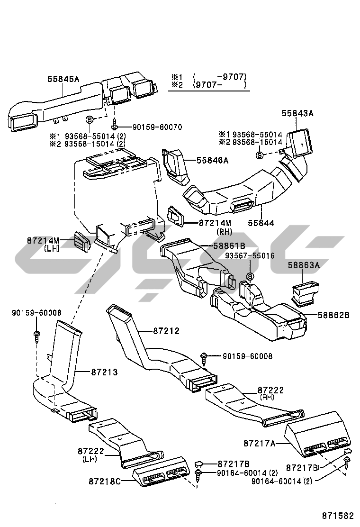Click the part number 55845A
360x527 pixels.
tap(63, 80)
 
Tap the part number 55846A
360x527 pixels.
tap(213, 161)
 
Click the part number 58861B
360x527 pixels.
tap(229, 245)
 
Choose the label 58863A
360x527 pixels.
tap(304, 266)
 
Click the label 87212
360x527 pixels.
tap(166, 331)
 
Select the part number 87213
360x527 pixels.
tap(104, 373)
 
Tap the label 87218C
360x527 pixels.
tap(105, 482)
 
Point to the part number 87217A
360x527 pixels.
tap(260, 444)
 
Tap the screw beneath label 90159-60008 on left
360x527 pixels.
tap(36, 335)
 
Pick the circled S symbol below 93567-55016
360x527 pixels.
tap(250, 277)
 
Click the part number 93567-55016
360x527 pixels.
tap(249, 255)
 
